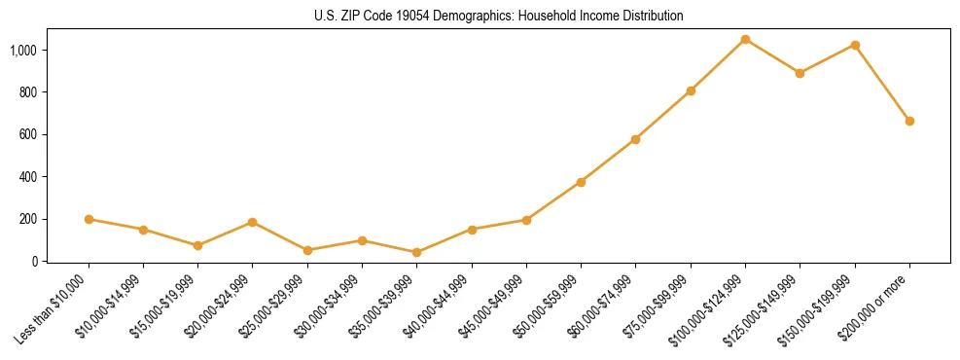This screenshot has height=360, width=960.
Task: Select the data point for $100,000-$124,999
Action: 745,39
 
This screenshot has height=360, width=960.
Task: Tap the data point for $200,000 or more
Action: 909,121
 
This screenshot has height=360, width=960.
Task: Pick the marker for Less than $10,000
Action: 89,219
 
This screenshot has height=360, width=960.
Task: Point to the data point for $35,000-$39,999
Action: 417,252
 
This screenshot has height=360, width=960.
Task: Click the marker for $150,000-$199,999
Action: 855,45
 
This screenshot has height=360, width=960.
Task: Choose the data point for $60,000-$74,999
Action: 635,139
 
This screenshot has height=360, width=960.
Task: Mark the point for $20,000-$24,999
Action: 253,222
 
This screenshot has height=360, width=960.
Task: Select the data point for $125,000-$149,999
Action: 800,73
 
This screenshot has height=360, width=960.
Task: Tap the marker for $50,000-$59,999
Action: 581,182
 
